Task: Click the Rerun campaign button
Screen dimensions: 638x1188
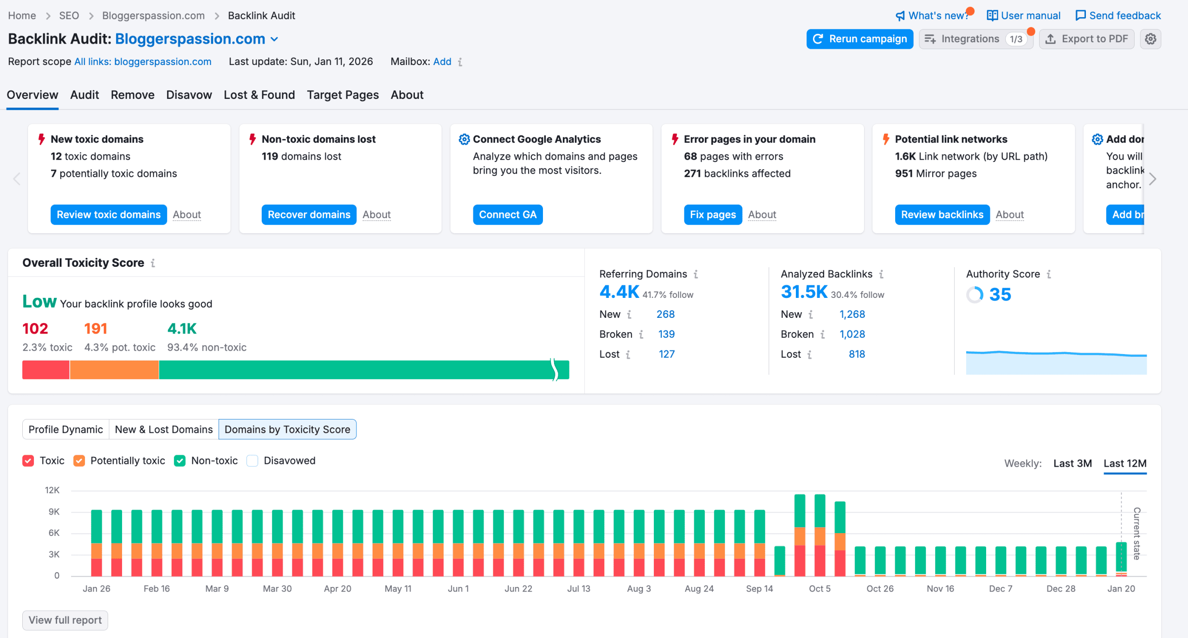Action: (859, 39)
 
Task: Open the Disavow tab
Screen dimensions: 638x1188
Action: (189, 95)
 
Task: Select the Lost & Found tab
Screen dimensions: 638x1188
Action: (259, 95)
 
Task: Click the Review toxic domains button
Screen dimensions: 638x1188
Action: (109, 215)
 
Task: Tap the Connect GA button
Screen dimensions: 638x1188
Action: (507, 215)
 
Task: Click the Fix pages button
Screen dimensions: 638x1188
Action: (712, 215)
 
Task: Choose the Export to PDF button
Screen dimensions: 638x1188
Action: (1086, 39)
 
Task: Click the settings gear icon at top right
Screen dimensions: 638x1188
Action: (1150, 39)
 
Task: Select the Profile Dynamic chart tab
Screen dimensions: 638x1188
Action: (65, 430)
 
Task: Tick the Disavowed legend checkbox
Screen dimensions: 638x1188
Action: (252, 461)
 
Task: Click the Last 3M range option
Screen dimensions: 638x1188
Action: (1072, 464)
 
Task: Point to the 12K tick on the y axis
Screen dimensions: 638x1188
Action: (52, 490)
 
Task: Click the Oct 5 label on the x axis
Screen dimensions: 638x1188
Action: (820, 589)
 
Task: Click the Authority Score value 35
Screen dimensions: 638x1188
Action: (1000, 295)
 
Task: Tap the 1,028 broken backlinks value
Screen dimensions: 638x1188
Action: (852, 335)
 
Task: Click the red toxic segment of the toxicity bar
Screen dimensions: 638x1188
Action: (45, 370)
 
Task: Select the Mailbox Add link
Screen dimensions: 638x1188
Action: (442, 62)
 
